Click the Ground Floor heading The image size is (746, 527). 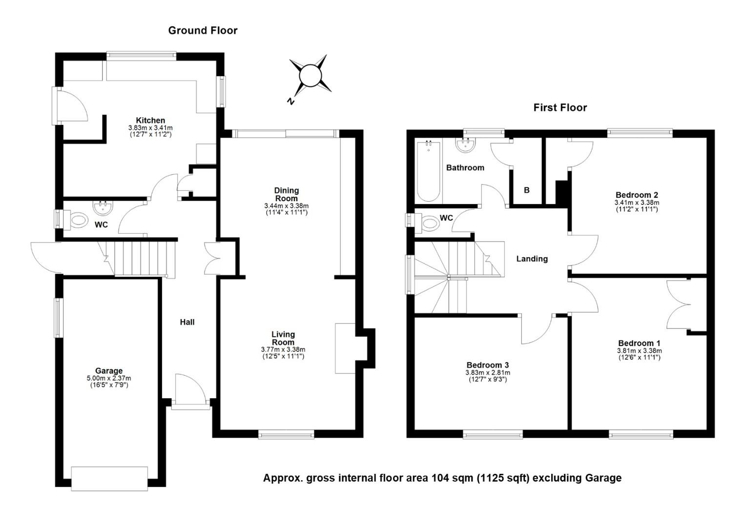pos(203,30)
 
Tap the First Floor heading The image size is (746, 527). pos(560,107)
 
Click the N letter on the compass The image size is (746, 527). pos(291,101)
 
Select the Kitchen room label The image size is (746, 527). pos(150,120)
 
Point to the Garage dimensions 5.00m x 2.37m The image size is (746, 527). pos(109,378)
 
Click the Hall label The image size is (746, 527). pos(187,322)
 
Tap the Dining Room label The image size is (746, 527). pos(287,194)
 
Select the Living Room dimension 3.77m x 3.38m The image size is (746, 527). pos(283,349)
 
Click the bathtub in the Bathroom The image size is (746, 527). pos(429,171)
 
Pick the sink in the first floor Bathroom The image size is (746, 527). pos(465,145)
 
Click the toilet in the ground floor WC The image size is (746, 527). pos(76,220)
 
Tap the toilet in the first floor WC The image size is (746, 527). pos(427,223)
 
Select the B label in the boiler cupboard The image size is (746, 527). pos(526,190)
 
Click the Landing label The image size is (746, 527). pos(532,259)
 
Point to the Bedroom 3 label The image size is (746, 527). pos(488,365)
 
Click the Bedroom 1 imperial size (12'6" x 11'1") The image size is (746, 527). pos(640,358)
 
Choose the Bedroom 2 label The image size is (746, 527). pos(637,195)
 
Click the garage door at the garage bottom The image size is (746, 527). pos(109,478)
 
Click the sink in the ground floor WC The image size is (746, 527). pos(103,208)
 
